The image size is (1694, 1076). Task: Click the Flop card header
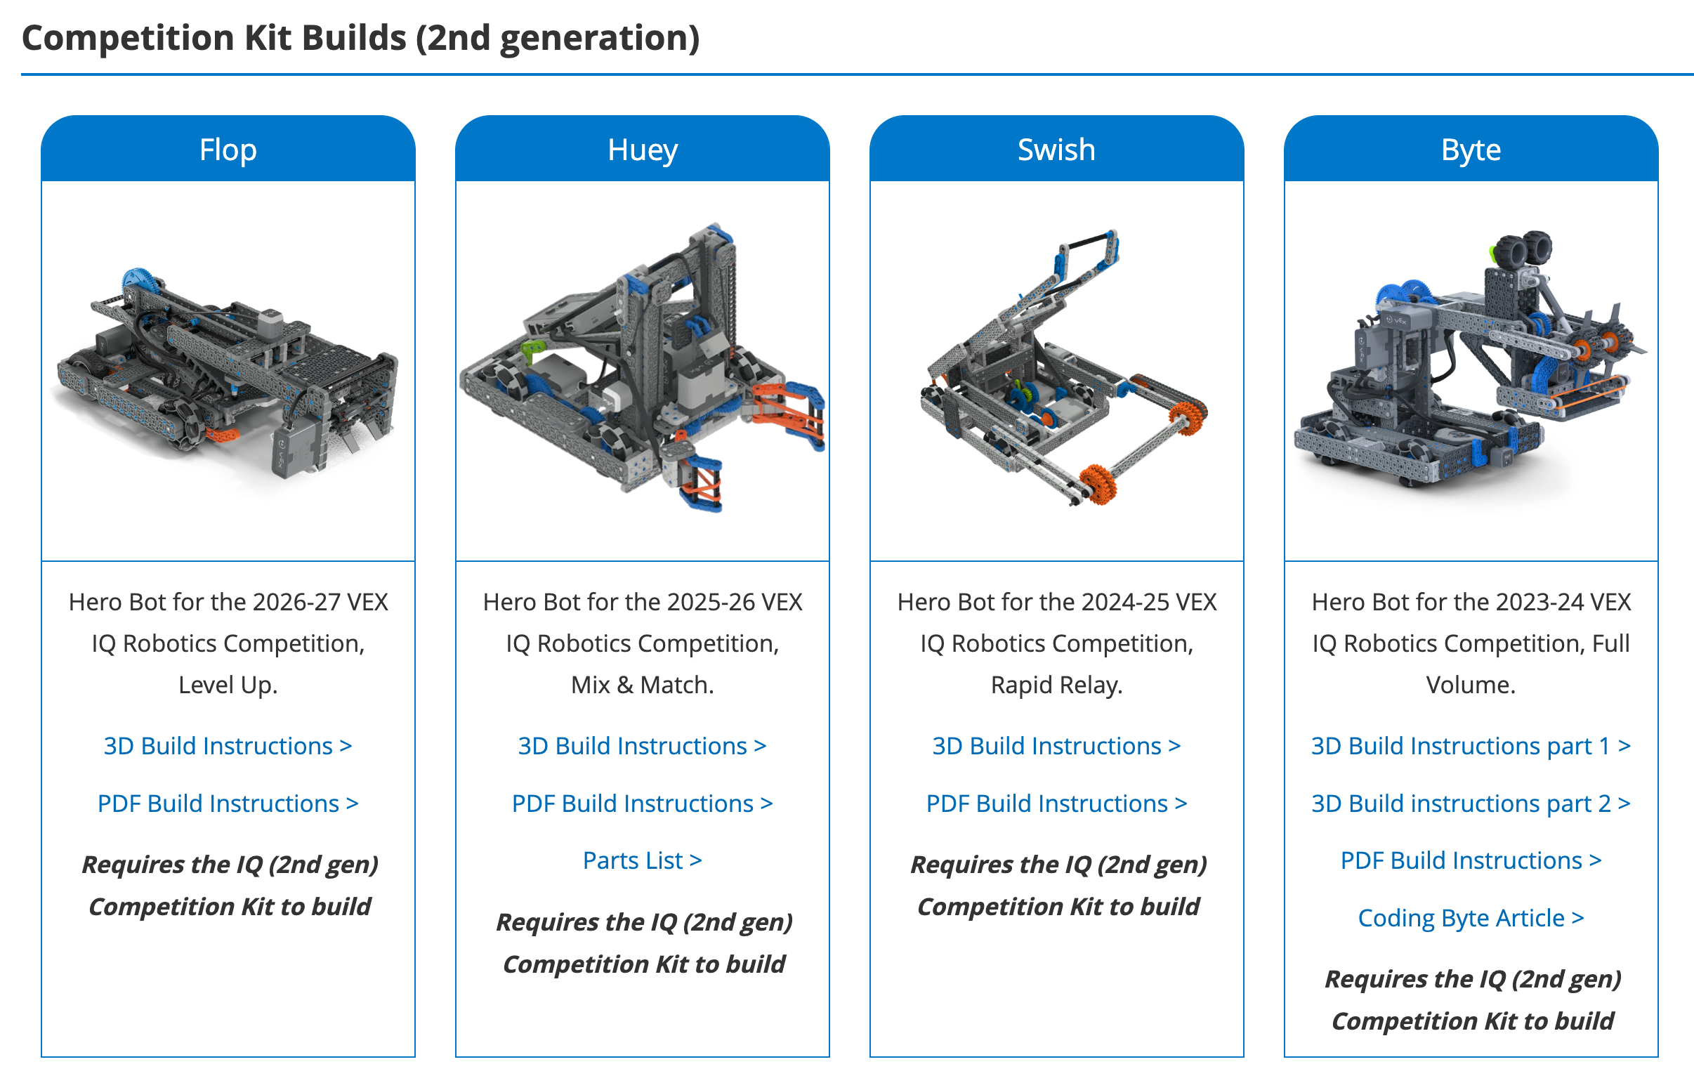(x=228, y=150)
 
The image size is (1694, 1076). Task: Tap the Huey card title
(x=643, y=150)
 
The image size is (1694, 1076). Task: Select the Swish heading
(x=1056, y=150)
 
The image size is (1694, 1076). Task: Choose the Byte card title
(x=1471, y=150)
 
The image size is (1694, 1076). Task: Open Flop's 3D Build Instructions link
(x=228, y=746)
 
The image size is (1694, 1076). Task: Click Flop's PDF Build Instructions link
(x=228, y=803)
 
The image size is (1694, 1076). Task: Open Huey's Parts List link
(x=643, y=860)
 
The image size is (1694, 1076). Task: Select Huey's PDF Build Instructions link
(x=643, y=803)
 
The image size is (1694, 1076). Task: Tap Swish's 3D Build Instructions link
(x=1056, y=746)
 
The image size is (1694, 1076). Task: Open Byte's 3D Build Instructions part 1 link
(x=1471, y=746)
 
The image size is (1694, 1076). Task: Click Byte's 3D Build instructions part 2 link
(x=1471, y=803)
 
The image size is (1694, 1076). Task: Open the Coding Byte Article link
(x=1471, y=919)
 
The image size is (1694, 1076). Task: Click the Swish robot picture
(x=1063, y=366)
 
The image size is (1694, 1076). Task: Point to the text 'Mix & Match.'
(x=643, y=685)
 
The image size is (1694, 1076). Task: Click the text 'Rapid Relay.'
(x=1056, y=685)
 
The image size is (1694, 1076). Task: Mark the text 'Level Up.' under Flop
(x=228, y=685)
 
